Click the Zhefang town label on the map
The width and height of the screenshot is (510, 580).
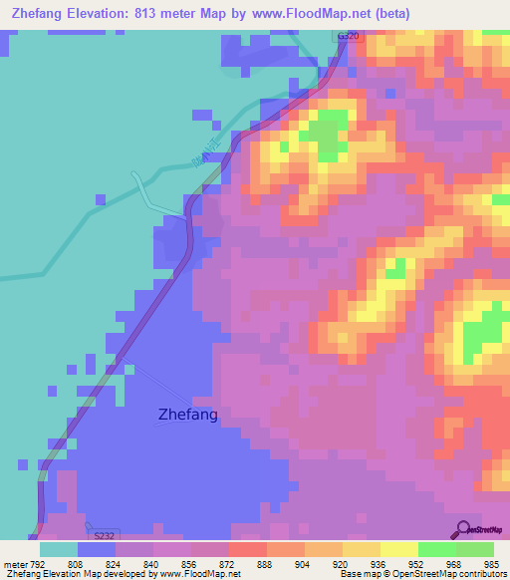pyautogui.click(x=187, y=414)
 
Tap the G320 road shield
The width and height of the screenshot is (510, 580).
pyautogui.click(x=348, y=35)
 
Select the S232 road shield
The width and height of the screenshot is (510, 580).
pyautogui.click(x=103, y=534)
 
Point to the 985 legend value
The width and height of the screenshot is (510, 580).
pyautogui.click(x=491, y=564)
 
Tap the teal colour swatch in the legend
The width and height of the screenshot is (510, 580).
pyautogui.click(x=59, y=549)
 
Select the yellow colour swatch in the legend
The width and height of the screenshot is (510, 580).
pyautogui.click(x=399, y=549)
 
